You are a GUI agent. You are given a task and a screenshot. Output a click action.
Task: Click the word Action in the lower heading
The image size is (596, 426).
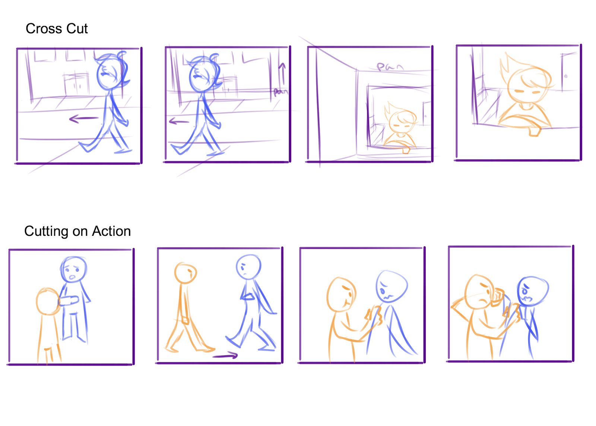[x=111, y=231]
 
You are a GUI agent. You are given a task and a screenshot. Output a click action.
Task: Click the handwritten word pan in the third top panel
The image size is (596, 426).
[x=389, y=67]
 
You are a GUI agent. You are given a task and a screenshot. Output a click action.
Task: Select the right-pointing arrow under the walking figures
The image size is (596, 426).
[x=225, y=356]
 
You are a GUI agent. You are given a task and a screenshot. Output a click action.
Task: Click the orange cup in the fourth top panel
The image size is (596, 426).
[x=535, y=131]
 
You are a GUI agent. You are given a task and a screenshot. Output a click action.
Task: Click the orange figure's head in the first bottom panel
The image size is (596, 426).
[x=48, y=301]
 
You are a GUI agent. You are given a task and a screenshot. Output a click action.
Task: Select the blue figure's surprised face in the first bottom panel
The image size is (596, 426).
[x=74, y=269]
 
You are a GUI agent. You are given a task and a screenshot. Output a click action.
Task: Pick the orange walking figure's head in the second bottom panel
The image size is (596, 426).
[x=186, y=273]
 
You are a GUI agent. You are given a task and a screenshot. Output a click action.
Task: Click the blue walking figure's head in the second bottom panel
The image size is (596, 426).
[x=248, y=266]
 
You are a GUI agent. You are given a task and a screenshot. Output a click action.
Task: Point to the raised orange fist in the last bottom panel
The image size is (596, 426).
[x=497, y=297]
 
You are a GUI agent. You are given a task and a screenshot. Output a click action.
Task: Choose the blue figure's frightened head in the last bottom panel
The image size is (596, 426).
[x=532, y=291]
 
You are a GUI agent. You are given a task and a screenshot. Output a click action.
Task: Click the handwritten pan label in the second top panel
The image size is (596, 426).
[x=280, y=91]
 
